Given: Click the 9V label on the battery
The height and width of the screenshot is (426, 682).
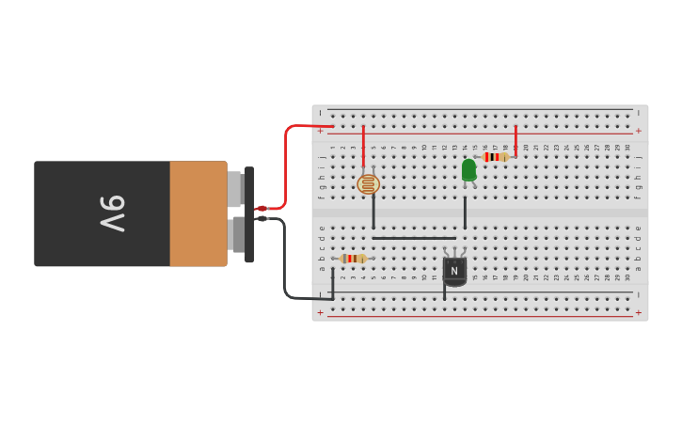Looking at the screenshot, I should point(112,213).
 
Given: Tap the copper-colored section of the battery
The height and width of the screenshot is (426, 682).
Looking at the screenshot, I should point(198,213).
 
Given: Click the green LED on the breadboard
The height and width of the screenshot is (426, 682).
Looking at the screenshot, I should point(468,170).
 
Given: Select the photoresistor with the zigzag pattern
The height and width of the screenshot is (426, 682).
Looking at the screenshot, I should point(369,183).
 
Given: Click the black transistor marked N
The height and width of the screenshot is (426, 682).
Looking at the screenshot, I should point(454,270).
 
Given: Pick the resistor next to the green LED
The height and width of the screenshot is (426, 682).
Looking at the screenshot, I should point(495,157).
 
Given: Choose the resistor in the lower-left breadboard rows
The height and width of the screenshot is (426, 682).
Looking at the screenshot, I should point(354,259).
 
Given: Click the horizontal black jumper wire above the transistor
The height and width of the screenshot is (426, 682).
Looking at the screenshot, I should point(414,238).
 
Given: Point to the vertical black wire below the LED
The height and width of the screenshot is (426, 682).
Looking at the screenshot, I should point(465,213).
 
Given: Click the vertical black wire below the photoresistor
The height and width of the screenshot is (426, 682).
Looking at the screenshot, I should point(373,213).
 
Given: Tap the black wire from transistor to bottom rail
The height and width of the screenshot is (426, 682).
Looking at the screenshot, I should point(445,291).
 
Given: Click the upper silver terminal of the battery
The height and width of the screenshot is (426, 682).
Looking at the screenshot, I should point(234,189).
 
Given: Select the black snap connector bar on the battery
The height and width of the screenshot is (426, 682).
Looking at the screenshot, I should point(249,214).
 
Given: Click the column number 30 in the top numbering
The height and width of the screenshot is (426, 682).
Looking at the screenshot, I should point(627,147).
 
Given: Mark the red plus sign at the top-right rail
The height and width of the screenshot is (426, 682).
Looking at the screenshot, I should point(639,131).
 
